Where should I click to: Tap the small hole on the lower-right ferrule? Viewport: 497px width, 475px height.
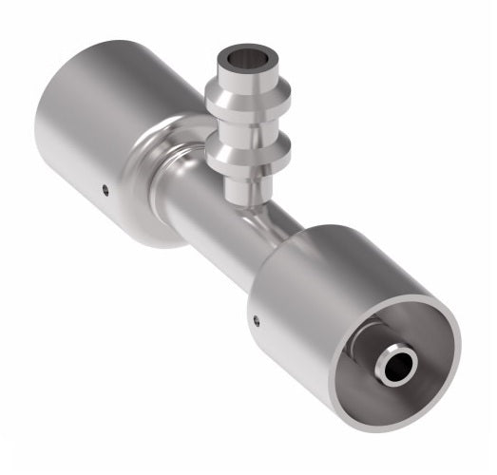[256, 320]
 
